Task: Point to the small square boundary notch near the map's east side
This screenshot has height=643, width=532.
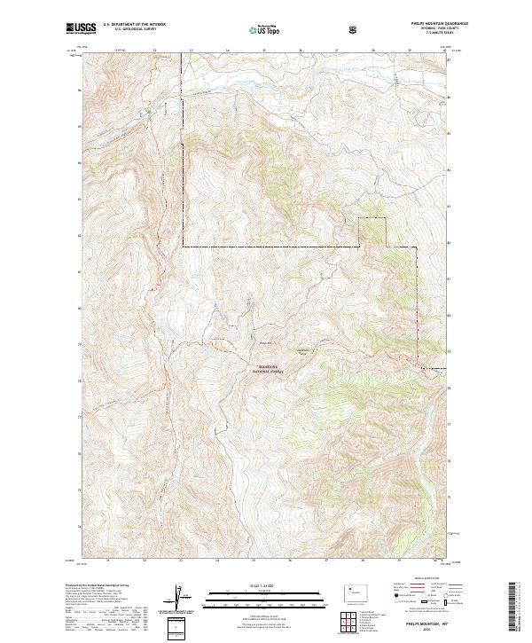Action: (372, 231)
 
